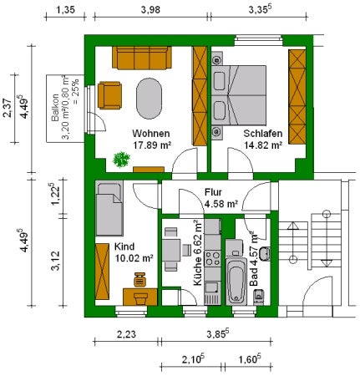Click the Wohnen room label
click(x=151, y=134)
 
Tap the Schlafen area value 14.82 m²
click(x=263, y=145)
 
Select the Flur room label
click(x=213, y=192)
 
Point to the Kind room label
click(x=124, y=246)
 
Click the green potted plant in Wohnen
click(x=121, y=160)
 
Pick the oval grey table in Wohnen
click(x=149, y=99)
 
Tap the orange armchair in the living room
click(x=109, y=95)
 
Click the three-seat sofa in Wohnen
click(x=142, y=58)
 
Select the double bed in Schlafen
click(x=239, y=95)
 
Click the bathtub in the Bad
click(x=236, y=282)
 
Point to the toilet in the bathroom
click(x=259, y=297)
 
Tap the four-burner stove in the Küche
click(x=212, y=258)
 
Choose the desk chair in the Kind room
click(x=140, y=280)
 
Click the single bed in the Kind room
click(x=109, y=208)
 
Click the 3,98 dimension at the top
click(x=150, y=10)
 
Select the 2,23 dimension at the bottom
click(x=126, y=333)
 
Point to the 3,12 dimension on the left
click(x=55, y=261)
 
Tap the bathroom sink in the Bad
click(x=264, y=254)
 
